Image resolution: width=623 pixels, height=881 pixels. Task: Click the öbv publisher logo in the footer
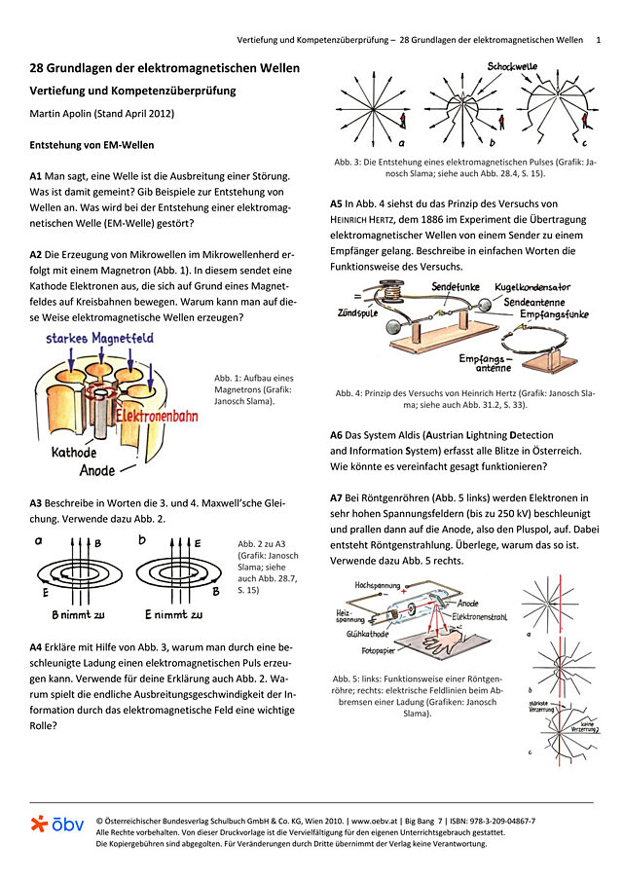click(x=56, y=824)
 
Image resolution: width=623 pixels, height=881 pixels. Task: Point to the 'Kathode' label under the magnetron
click(x=74, y=453)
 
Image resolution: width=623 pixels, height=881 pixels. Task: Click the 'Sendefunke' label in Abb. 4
click(x=460, y=288)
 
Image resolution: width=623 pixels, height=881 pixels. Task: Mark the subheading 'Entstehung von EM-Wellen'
click(x=92, y=144)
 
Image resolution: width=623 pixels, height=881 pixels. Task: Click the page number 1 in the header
click(x=598, y=40)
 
